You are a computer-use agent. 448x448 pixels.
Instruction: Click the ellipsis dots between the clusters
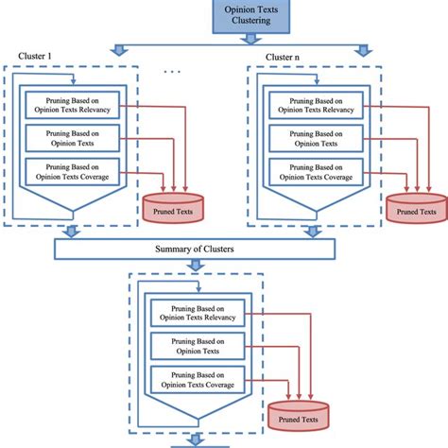pos(171,72)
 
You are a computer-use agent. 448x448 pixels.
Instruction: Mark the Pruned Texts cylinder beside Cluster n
pos(415,209)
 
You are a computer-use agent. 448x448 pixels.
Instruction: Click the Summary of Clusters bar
pos(196,249)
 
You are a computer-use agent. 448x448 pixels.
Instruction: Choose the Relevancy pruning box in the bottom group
pos(196,311)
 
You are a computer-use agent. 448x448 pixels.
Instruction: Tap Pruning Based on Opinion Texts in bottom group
pos(196,345)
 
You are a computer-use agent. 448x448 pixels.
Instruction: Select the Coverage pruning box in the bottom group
pos(196,379)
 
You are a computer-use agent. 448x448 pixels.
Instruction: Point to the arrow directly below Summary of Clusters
pos(196,267)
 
